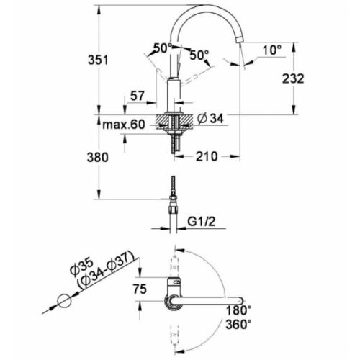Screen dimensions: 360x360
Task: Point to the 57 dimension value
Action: tap(139, 96)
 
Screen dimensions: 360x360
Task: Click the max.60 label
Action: tap(124, 125)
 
